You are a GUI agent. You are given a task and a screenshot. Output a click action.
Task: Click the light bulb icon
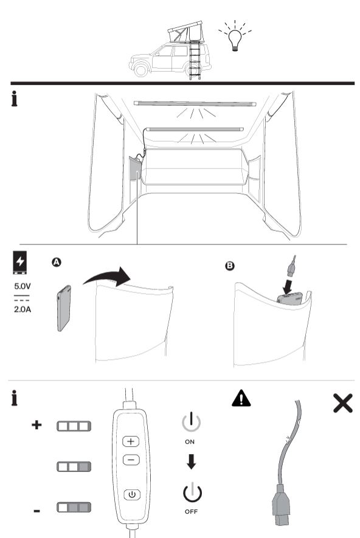click(235, 40)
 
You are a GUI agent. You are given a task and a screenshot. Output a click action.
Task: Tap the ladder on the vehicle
click(195, 60)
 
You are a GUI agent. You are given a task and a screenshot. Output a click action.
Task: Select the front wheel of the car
click(140, 70)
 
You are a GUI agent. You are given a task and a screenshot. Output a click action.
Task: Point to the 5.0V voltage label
click(22, 286)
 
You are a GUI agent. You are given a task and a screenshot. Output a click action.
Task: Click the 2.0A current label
click(22, 309)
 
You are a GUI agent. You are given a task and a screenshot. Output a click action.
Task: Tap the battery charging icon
click(20, 263)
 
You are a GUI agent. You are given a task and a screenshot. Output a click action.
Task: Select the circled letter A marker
click(57, 262)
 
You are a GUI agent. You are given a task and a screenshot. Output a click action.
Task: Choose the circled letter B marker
click(230, 266)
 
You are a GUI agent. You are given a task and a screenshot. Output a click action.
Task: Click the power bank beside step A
click(64, 308)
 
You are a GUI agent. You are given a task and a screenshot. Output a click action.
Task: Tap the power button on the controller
click(132, 494)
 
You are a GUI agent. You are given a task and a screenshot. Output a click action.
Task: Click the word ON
click(190, 442)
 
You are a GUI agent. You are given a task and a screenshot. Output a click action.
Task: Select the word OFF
click(191, 512)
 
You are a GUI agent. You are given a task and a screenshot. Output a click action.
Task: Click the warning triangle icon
click(241, 398)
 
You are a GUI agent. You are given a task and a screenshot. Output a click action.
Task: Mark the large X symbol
click(343, 403)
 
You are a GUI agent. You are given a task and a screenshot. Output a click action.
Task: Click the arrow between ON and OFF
click(192, 462)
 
